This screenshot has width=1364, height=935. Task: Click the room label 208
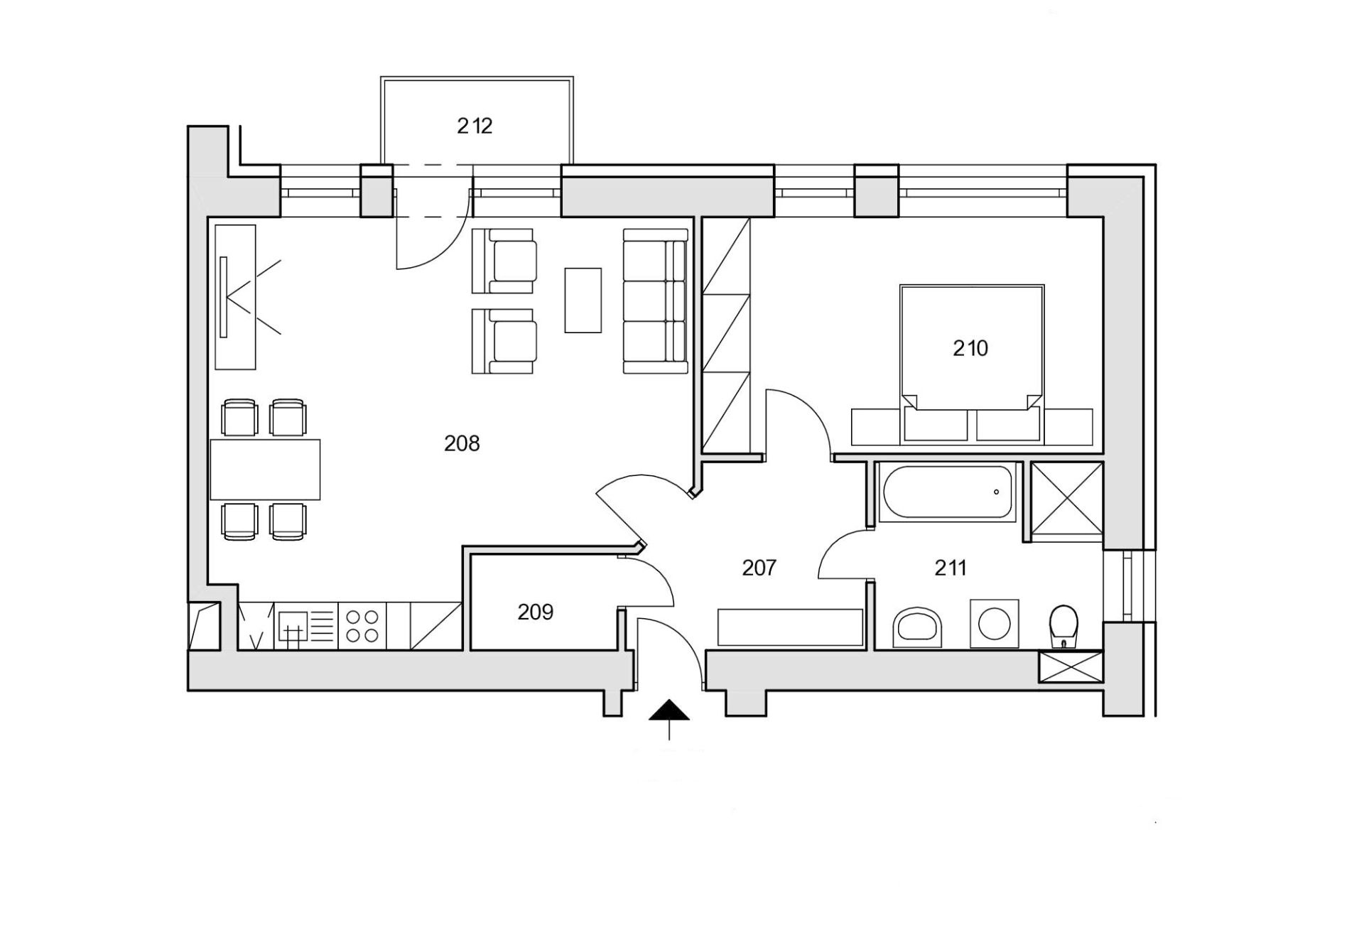tap(462, 444)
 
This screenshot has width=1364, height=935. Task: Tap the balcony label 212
tap(475, 126)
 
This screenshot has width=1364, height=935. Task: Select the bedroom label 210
tap(970, 348)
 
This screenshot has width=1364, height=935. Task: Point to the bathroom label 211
tap(951, 568)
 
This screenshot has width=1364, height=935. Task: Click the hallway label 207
tap(759, 568)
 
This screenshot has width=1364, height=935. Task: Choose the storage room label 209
tap(535, 612)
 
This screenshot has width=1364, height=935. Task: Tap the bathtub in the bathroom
tap(946, 492)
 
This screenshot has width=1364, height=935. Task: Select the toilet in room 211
tap(1063, 626)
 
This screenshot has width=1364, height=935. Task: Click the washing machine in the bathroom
tap(994, 623)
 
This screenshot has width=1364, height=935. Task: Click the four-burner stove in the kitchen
tap(362, 626)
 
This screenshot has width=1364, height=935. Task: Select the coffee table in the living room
tap(583, 300)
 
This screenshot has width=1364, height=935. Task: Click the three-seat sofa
tap(656, 301)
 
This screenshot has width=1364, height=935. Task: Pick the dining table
tap(265, 470)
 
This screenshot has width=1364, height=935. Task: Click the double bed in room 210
tap(972, 364)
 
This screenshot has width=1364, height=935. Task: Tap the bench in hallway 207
tap(791, 627)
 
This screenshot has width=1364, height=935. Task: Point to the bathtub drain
tap(996, 492)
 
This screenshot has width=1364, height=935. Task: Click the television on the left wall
tap(223, 297)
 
